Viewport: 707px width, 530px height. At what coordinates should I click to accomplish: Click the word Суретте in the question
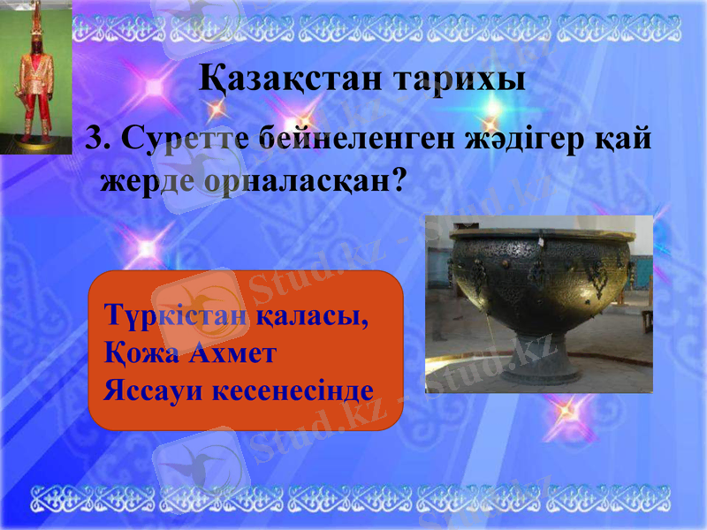[x=181, y=139]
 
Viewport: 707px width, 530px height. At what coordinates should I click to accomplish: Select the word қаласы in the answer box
[x=313, y=314]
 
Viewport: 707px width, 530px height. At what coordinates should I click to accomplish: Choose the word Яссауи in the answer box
[x=148, y=389]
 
